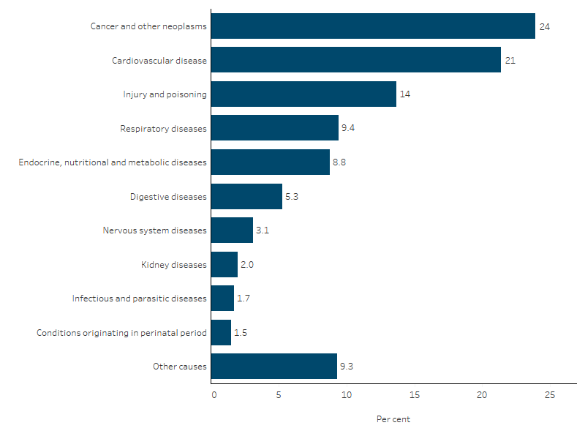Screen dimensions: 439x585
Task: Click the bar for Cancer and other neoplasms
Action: [x=373, y=26]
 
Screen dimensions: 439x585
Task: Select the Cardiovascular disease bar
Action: [x=356, y=60]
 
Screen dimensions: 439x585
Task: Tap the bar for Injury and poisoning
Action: [x=303, y=94]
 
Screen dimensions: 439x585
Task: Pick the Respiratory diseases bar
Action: [x=275, y=128]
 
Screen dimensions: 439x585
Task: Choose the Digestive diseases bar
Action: [x=246, y=196]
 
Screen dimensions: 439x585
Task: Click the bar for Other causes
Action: [x=274, y=366]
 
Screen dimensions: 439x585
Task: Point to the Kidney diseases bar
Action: [x=224, y=264]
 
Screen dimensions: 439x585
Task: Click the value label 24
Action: [x=544, y=26]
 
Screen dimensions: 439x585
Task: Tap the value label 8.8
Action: [x=339, y=162]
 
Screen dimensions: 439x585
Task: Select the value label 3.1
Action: [x=263, y=230]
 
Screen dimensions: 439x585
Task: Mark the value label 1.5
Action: [x=241, y=333]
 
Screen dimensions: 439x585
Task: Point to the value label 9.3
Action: [x=347, y=367]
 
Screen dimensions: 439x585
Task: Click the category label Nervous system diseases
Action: [x=155, y=230]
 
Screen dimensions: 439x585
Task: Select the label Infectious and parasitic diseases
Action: [x=140, y=299]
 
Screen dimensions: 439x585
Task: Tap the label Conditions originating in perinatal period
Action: [x=122, y=333]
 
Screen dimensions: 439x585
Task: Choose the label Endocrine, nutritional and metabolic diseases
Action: [x=113, y=162]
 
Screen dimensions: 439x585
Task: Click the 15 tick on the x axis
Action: [x=415, y=395]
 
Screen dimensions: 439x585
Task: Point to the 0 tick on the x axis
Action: [x=214, y=395]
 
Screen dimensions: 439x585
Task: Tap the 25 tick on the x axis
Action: [x=549, y=395]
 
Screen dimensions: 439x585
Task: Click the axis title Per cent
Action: [x=393, y=419]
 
